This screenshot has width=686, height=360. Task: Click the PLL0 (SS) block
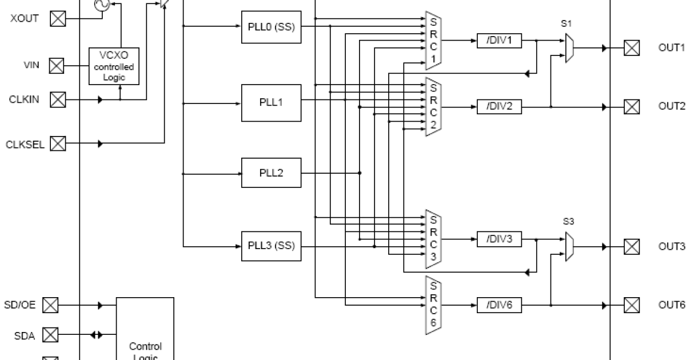point(271,26)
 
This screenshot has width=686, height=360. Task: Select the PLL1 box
point(271,102)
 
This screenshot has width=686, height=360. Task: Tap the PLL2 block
point(271,173)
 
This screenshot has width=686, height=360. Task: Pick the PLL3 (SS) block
point(271,246)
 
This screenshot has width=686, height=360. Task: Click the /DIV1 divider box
point(499,41)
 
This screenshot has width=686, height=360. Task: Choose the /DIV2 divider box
point(499,106)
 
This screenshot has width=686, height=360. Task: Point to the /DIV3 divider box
point(499,239)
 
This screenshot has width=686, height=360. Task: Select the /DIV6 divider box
point(499,305)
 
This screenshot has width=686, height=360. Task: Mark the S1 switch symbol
point(569,48)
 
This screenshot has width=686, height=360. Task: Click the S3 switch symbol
point(569,246)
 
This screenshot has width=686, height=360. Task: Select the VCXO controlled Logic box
point(114,66)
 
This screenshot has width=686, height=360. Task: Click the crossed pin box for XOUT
point(58,19)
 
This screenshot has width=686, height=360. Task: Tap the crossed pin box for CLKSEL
point(58,143)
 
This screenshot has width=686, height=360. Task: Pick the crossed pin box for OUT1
point(631,48)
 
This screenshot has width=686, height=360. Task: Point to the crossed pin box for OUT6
point(631,305)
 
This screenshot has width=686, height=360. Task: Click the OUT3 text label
point(671,246)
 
